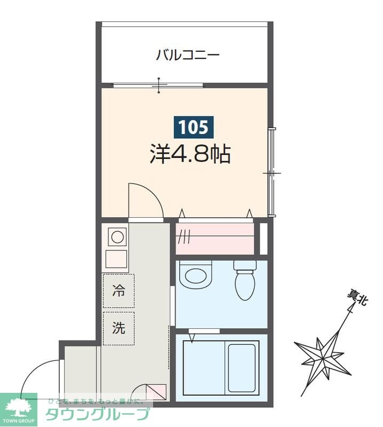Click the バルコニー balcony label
(188, 55)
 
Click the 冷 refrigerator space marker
(118, 291)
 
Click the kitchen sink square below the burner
(117, 259)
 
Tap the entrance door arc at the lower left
(40, 379)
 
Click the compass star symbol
(323, 353)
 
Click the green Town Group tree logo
(19, 408)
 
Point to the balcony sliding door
(158, 85)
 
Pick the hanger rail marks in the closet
(184, 235)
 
